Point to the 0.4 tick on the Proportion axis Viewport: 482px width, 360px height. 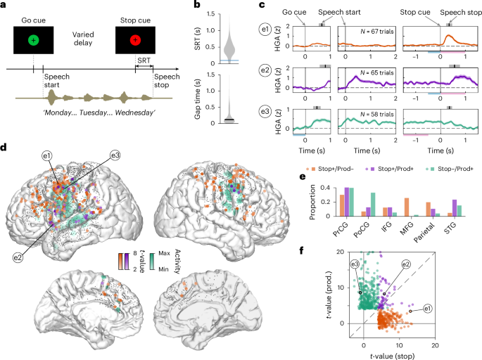coord(321,188)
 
